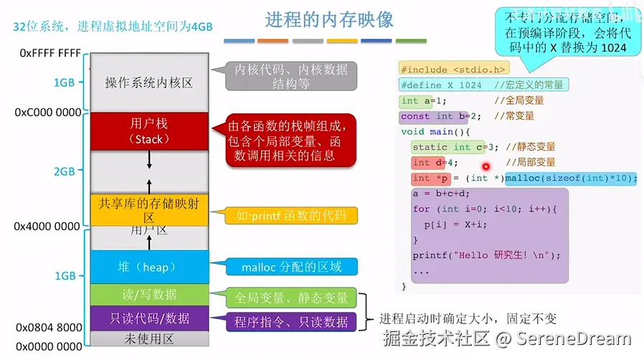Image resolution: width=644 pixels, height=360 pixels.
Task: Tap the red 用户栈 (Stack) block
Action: coord(150,131)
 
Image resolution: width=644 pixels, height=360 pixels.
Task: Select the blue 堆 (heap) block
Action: coord(150,267)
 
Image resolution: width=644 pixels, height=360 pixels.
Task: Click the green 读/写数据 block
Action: coord(150,294)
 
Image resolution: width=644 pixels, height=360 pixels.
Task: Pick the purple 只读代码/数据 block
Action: coord(150,318)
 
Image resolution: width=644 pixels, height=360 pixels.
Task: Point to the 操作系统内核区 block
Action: coord(150,82)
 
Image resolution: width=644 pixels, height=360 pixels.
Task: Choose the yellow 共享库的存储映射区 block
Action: coord(150,209)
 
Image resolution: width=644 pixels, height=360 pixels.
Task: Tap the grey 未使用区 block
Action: coord(150,338)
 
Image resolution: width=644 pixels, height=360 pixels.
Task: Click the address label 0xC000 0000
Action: coord(48,113)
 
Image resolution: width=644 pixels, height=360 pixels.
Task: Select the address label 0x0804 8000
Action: coord(48,328)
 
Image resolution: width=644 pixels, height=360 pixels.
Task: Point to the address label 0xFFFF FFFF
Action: coord(50,54)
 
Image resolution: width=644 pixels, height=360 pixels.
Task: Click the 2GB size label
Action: coord(65,171)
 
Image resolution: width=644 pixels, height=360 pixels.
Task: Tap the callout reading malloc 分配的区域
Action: coord(290,267)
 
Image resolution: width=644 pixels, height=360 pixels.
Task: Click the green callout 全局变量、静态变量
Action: coord(291,298)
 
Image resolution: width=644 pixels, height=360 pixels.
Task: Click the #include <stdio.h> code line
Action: coord(454,70)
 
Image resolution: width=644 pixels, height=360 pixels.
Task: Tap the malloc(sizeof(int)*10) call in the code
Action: coord(571,178)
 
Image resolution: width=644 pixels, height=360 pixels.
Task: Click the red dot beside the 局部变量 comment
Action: coord(486,166)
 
